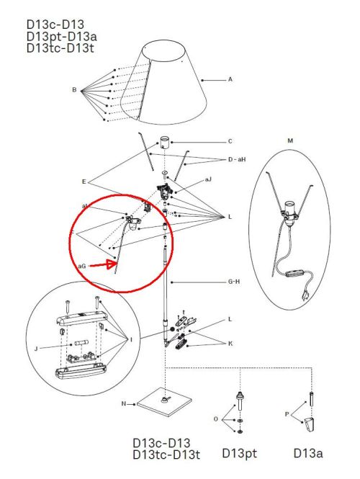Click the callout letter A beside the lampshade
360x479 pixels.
(230, 79)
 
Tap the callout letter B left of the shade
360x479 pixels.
(74, 90)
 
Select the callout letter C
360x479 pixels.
(230, 141)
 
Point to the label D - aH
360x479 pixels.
(237, 159)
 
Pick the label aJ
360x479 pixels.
(208, 179)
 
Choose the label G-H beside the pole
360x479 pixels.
(234, 282)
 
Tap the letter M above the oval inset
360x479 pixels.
(290, 141)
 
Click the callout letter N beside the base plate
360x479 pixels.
(123, 403)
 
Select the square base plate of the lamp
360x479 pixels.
(165, 402)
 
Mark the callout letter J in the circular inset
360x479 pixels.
(36, 349)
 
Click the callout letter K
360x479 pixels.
(230, 344)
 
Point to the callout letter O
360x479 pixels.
(216, 419)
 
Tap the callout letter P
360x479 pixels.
(287, 415)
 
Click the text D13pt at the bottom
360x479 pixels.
(239, 453)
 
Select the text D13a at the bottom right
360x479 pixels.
(307, 453)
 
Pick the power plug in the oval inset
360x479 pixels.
(305, 295)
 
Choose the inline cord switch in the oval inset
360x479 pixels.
(295, 273)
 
